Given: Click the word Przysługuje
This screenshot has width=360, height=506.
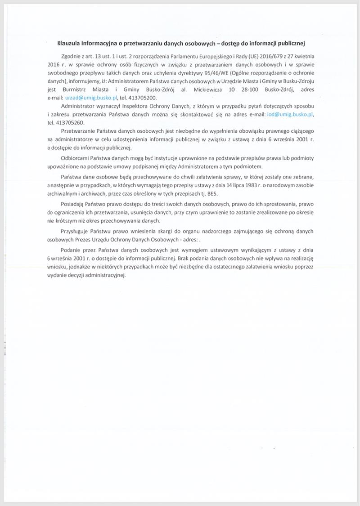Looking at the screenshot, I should pyautogui.click(x=75, y=231).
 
